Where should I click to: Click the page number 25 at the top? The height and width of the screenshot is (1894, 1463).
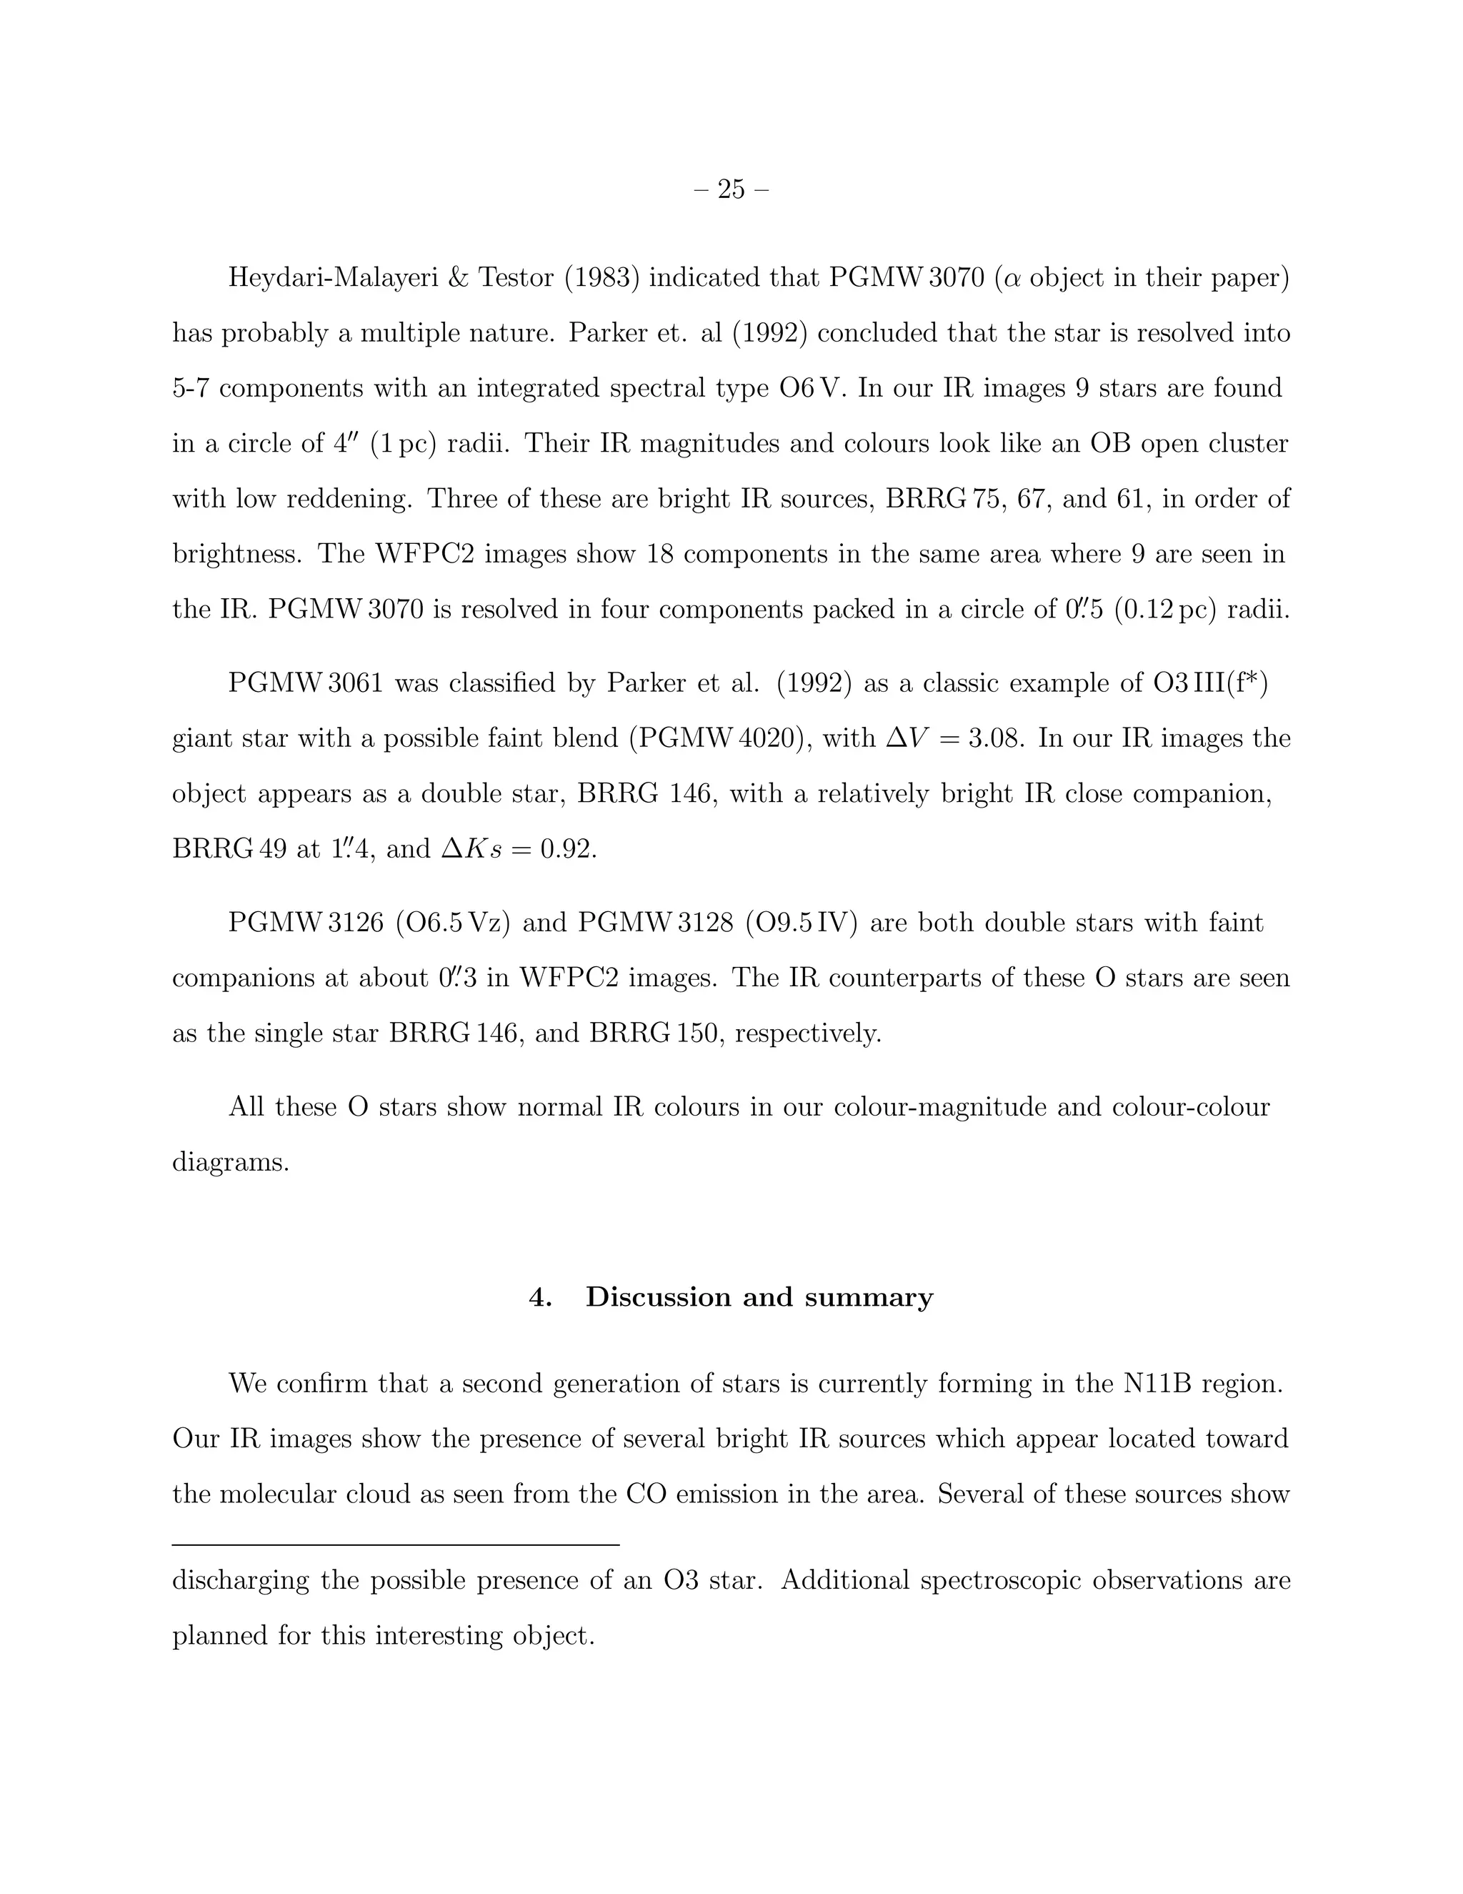pos(731,189)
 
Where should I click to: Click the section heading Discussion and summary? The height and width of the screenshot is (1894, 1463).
pos(759,1296)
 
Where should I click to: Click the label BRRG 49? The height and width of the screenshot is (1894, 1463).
pos(230,849)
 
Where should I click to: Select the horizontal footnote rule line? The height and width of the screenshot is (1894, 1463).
pos(396,1545)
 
